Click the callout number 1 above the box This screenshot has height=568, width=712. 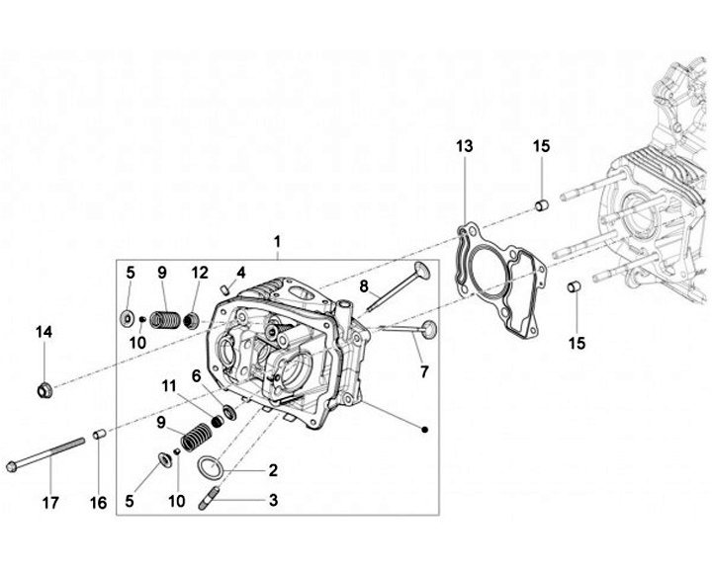(x=277, y=242)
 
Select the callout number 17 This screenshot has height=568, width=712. (x=49, y=504)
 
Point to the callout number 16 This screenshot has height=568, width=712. (x=98, y=504)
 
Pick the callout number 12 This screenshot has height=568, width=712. (x=200, y=272)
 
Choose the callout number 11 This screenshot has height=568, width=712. (x=168, y=384)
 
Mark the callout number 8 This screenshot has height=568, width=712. (x=364, y=287)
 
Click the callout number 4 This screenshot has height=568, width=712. (x=240, y=272)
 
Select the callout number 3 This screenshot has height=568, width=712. (x=272, y=501)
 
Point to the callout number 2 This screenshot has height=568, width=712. (x=272, y=470)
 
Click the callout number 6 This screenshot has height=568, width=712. (x=197, y=375)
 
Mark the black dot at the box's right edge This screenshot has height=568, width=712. (x=424, y=429)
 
